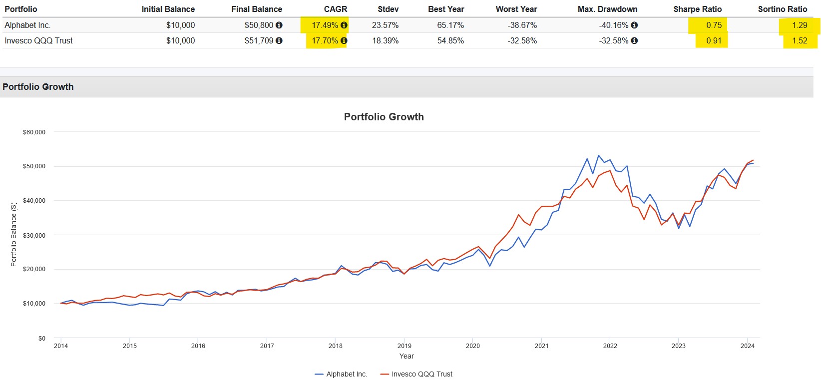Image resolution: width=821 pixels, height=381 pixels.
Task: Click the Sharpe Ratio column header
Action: click(697, 9)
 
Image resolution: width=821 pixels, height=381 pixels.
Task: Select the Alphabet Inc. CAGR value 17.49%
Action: click(325, 25)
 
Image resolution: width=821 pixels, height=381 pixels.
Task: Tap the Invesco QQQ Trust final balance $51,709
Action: click(259, 40)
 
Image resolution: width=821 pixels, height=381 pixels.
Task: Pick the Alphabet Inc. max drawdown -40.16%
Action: click(614, 25)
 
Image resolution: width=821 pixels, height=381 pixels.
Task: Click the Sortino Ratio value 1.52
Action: click(799, 40)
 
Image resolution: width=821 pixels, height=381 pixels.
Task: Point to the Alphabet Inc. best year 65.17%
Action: click(450, 25)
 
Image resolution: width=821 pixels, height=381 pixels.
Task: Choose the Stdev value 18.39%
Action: click(385, 40)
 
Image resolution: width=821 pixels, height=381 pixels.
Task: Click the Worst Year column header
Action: click(516, 9)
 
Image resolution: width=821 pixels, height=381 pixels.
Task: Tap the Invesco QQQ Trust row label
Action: click(38, 40)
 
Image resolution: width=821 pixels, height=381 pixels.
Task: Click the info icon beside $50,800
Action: click(279, 25)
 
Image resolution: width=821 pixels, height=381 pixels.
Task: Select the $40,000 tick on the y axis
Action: click(34, 200)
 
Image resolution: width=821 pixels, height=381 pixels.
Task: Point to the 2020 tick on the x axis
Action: click(472, 346)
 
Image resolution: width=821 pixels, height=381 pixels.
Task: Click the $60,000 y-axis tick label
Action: click(34, 132)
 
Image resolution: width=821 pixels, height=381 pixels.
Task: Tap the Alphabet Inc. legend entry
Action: click(341, 374)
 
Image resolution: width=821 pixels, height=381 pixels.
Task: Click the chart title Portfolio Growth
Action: click(384, 117)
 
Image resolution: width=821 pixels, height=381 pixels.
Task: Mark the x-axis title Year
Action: click(407, 356)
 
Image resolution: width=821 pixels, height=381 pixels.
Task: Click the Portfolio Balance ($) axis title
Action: click(13, 234)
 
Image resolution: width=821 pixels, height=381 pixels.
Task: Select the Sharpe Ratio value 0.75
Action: click(714, 25)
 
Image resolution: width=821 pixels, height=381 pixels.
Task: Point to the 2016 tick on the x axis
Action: click(198, 346)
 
